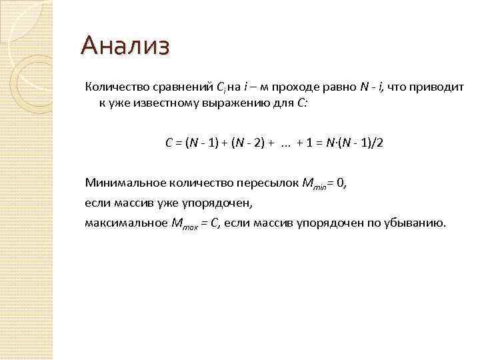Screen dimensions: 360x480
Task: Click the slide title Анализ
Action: tap(125, 47)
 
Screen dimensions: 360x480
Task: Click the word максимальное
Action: tap(124, 223)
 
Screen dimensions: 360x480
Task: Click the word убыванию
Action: tap(414, 223)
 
